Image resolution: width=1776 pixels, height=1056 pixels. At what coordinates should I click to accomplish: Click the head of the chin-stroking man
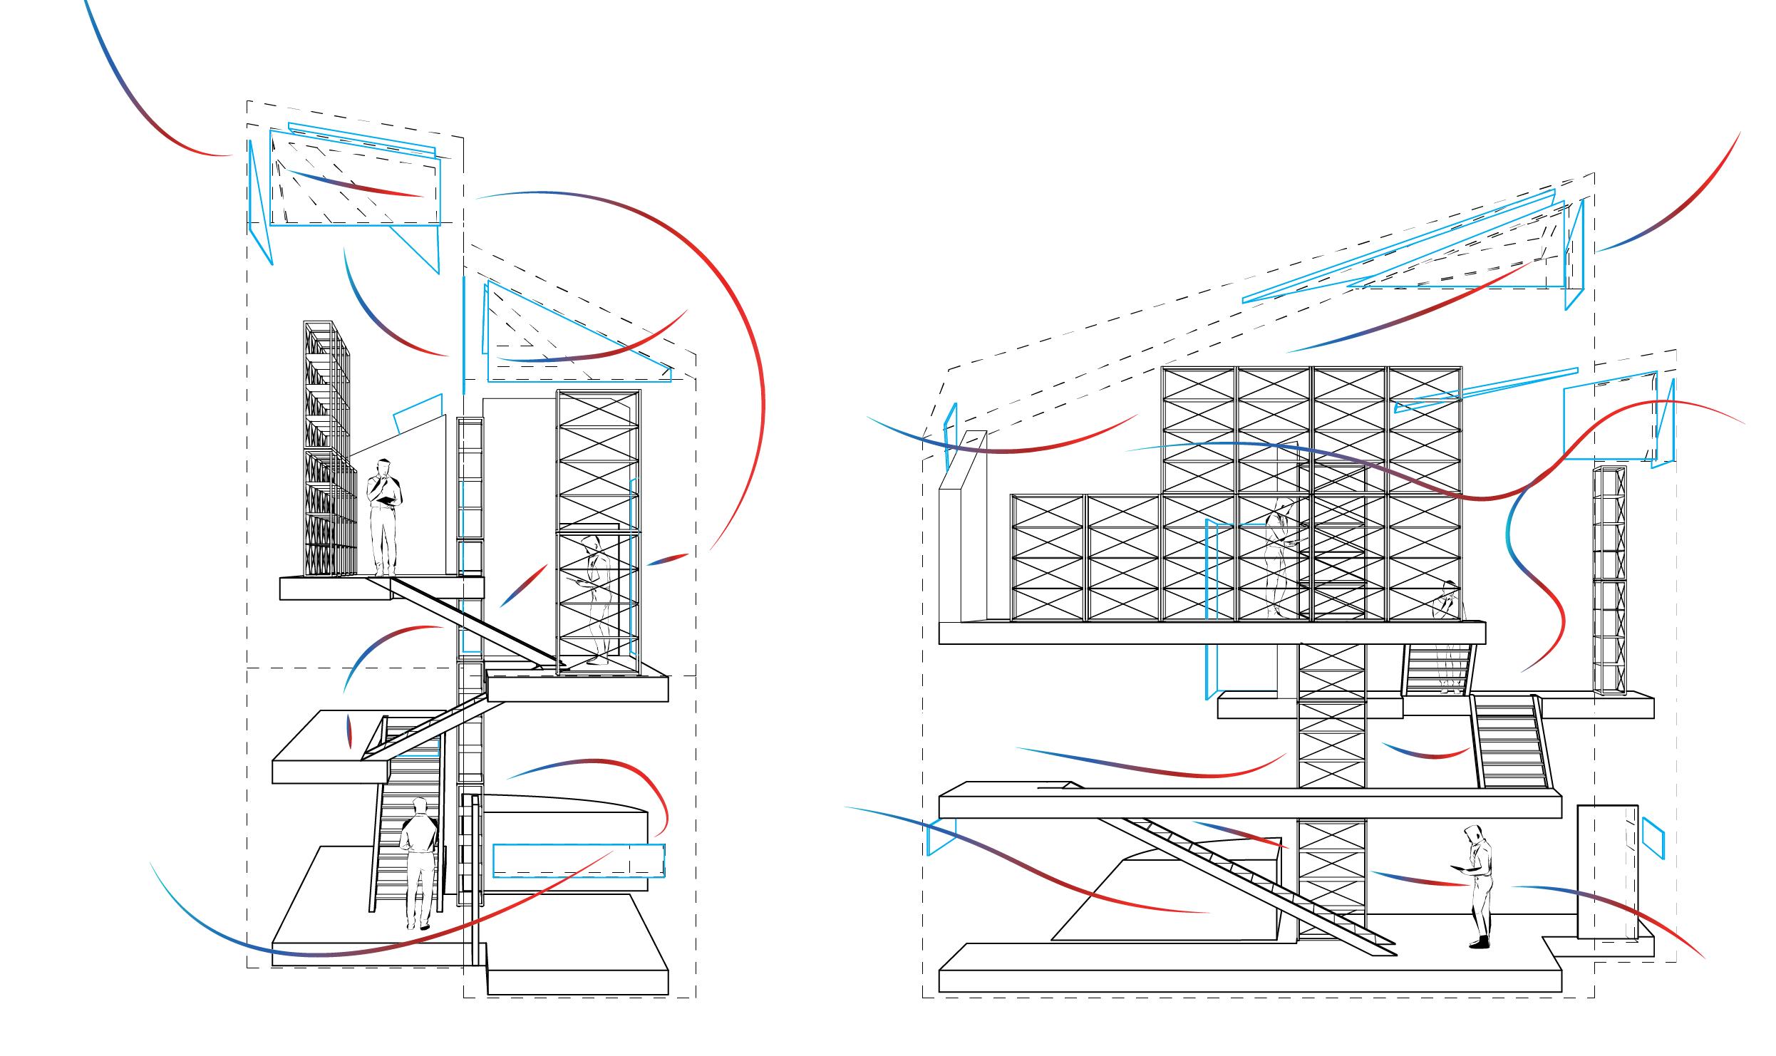[x=383, y=467]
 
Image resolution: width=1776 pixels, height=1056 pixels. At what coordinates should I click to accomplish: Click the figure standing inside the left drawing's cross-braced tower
[x=596, y=599]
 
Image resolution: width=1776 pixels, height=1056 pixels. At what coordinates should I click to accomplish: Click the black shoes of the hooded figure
[x=1479, y=942]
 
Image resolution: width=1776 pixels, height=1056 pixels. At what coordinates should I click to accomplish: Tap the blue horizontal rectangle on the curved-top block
[x=578, y=860]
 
